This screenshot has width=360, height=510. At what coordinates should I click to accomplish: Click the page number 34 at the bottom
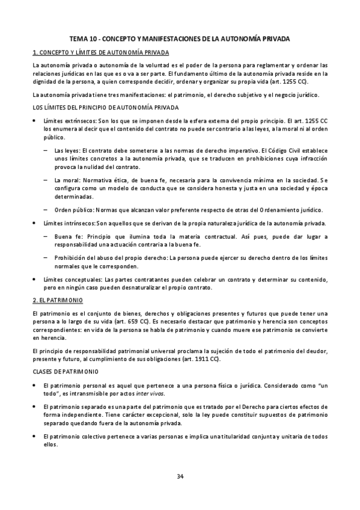(180, 476)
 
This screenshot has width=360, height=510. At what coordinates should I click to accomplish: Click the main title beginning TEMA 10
(180, 38)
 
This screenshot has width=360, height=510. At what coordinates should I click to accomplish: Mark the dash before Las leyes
(46, 150)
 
